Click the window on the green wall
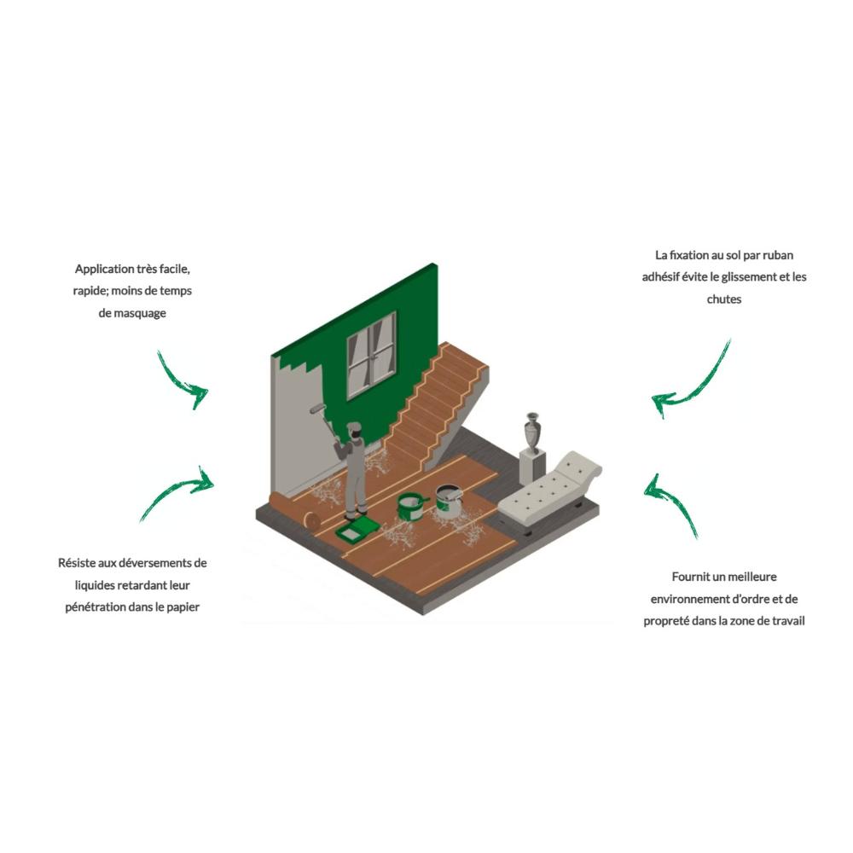372,355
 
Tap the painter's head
354,430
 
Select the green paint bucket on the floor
411,507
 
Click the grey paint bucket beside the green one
450,501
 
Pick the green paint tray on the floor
357,529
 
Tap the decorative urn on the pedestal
532,432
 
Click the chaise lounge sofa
550,490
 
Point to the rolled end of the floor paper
311,519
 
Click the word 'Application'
104,269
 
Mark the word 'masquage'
141,313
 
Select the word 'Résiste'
77,562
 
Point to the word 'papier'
183,607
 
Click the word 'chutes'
724,299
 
